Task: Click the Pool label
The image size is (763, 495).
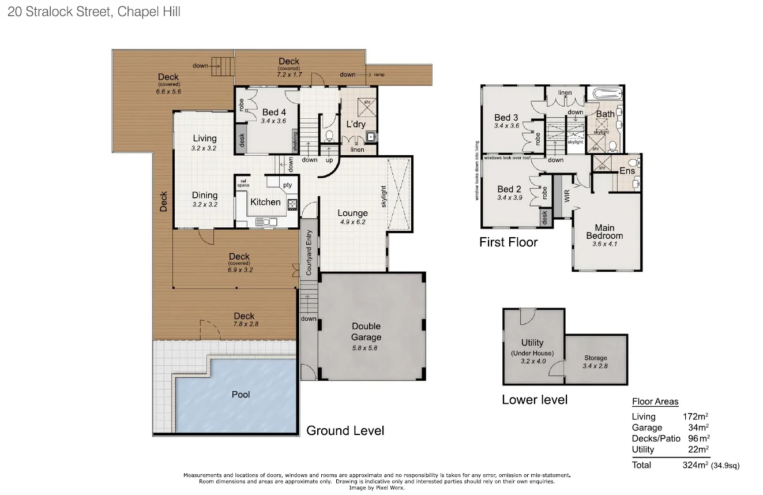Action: [x=240, y=395]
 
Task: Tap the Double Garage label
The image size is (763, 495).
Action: [x=366, y=332]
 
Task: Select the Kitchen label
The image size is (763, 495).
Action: [x=265, y=202]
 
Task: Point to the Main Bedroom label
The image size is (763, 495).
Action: [x=604, y=231]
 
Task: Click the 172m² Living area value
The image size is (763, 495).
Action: [x=695, y=417]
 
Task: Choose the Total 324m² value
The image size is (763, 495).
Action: [x=695, y=465]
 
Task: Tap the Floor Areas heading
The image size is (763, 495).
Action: [x=655, y=402]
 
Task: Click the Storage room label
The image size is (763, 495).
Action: [x=595, y=358]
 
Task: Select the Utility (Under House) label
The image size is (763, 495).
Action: [x=532, y=347]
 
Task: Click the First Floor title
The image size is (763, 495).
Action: [x=508, y=242]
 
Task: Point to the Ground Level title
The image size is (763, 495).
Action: [x=345, y=430]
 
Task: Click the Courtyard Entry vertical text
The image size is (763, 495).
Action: [x=309, y=253]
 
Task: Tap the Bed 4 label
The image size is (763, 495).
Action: [x=274, y=112]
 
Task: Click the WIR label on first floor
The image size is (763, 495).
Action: [x=566, y=197]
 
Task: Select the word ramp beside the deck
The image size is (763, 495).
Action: [x=379, y=75]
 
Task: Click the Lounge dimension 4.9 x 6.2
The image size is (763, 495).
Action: [x=352, y=222]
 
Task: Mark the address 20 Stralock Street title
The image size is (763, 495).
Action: [x=95, y=12]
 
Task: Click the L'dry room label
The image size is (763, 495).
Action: [x=356, y=125]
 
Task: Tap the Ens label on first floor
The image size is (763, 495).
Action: [x=627, y=171]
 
